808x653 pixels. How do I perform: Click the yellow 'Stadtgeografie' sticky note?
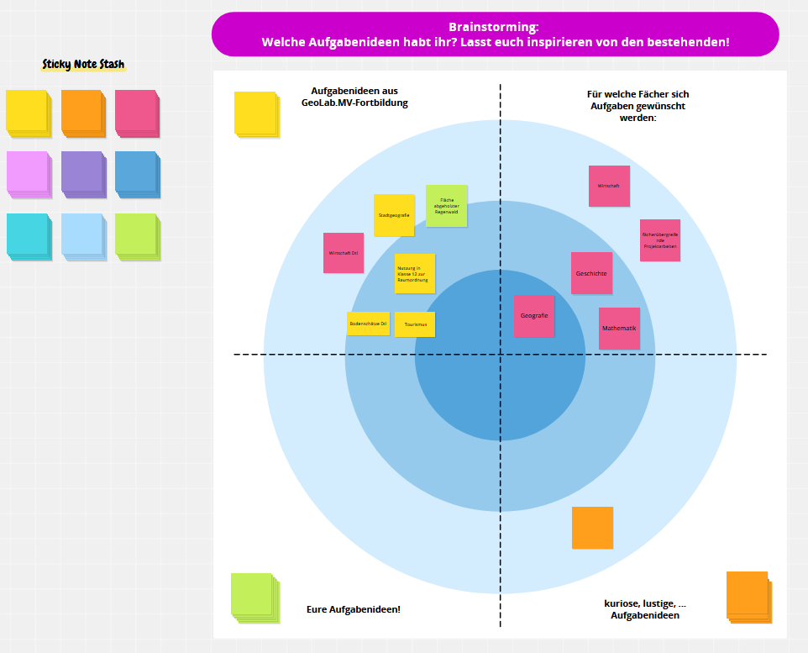[394, 215]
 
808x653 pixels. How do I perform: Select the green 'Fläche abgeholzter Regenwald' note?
[447, 206]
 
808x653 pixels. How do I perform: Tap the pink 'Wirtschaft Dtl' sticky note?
[344, 253]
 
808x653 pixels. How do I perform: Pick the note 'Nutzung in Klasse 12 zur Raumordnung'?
[415, 273]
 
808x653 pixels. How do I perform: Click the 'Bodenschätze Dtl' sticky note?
[368, 324]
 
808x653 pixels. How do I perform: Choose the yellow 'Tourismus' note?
[415, 324]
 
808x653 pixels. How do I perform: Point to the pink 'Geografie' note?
[534, 316]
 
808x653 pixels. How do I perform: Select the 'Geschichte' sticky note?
[591, 273]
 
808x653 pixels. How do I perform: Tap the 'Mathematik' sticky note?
[619, 329]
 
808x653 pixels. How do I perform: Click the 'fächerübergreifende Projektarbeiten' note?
[659, 240]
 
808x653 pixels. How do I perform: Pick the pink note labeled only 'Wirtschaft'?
[609, 186]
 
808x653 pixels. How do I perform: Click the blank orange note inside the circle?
[592, 528]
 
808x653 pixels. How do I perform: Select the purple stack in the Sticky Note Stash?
[82, 174]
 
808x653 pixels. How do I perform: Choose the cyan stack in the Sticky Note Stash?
[28, 235]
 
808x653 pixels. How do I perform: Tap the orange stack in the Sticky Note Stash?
[82, 113]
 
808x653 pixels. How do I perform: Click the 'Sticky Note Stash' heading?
[83, 65]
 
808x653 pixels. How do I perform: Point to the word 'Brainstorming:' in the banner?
[495, 27]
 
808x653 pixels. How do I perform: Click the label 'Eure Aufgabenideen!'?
[353, 609]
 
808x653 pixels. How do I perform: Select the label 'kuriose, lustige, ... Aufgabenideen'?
[644, 609]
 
